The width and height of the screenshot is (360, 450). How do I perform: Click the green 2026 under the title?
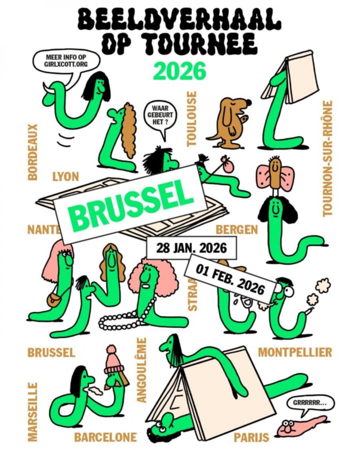pyautogui.click(x=180, y=71)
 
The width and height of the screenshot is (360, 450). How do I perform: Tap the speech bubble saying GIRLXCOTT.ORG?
pyautogui.click(x=66, y=62)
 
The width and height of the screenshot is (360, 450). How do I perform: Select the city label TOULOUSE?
pyautogui.click(x=192, y=119)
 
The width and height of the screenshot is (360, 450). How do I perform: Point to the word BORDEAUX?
pyautogui.click(x=32, y=152)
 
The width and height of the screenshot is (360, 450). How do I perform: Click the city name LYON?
pyautogui.click(x=66, y=176)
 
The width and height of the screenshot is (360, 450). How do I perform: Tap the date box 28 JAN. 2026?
pyautogui.click(x=192, y=248)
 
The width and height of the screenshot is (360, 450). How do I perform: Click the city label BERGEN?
pyautogui.click(x=237, y=229)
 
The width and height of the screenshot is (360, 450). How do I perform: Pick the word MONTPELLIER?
pyautogui.click(x=295, y=352)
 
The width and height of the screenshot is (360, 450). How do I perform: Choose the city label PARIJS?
pyautogui.click(x=252, y=437)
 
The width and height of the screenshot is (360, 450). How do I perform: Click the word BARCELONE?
pyautogui.click(x=105, y=437)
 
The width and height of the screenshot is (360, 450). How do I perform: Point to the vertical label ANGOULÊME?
pyautogui.click(x=141, y=370)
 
